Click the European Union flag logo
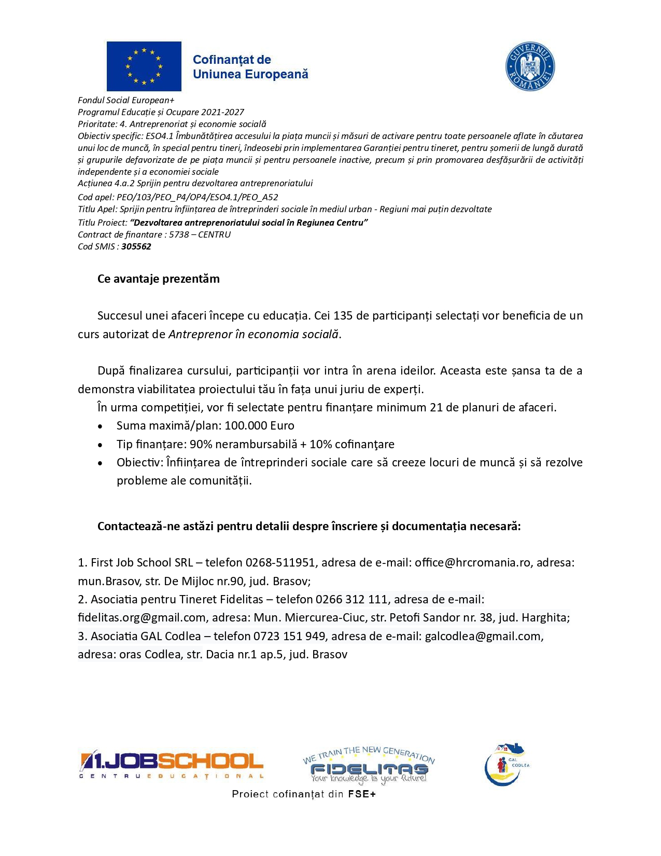tap(144, 66)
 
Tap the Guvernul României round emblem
tap(530, 66)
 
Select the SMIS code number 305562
tap(136, 246)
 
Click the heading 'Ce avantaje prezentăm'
tap(159, 279)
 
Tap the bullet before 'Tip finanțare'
tap(100, 445)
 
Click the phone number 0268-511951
tap(280, 562)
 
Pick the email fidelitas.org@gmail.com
tap(142, 617)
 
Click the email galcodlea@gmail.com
tap(483, 636)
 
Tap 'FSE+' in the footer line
tap(361, 794)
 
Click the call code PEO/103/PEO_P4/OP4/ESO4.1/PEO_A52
tap(197, 197)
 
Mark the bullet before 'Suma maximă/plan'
tap(100, 426)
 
